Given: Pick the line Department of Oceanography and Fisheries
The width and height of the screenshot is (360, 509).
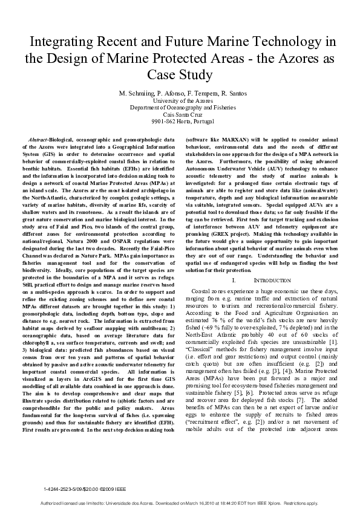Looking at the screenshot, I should pyautogui.click(x=180, y=107).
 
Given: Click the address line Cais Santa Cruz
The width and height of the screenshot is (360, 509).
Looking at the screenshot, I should pyautogui.click(x=180, y=114).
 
